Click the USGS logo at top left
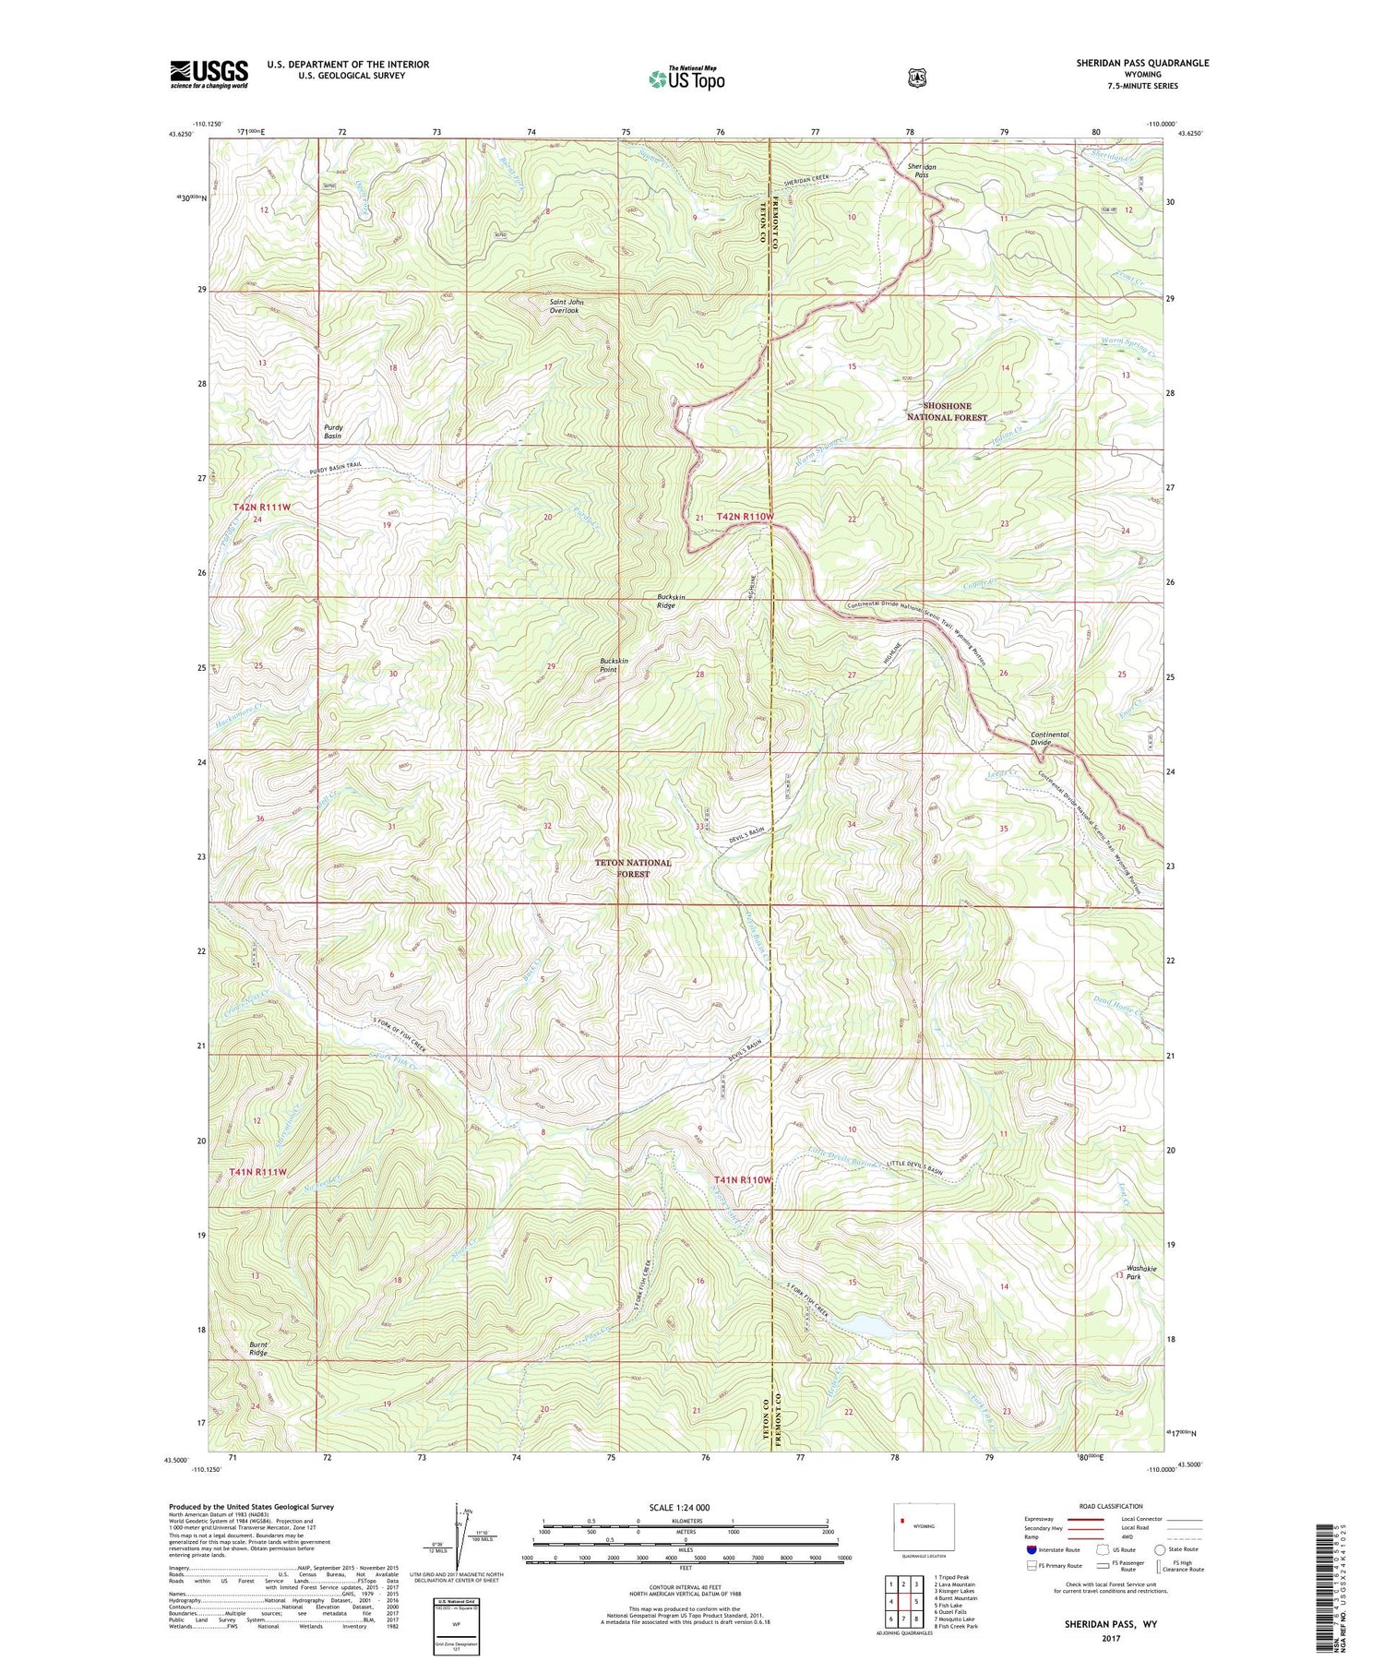click(209, 74)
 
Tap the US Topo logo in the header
click(686, 78)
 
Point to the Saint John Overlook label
click(567, 306)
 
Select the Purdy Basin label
click(332, 432)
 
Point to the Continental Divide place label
click(1049, 738)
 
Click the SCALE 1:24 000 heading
click(684, 1507)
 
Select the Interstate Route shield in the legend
click(1031, 1549)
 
